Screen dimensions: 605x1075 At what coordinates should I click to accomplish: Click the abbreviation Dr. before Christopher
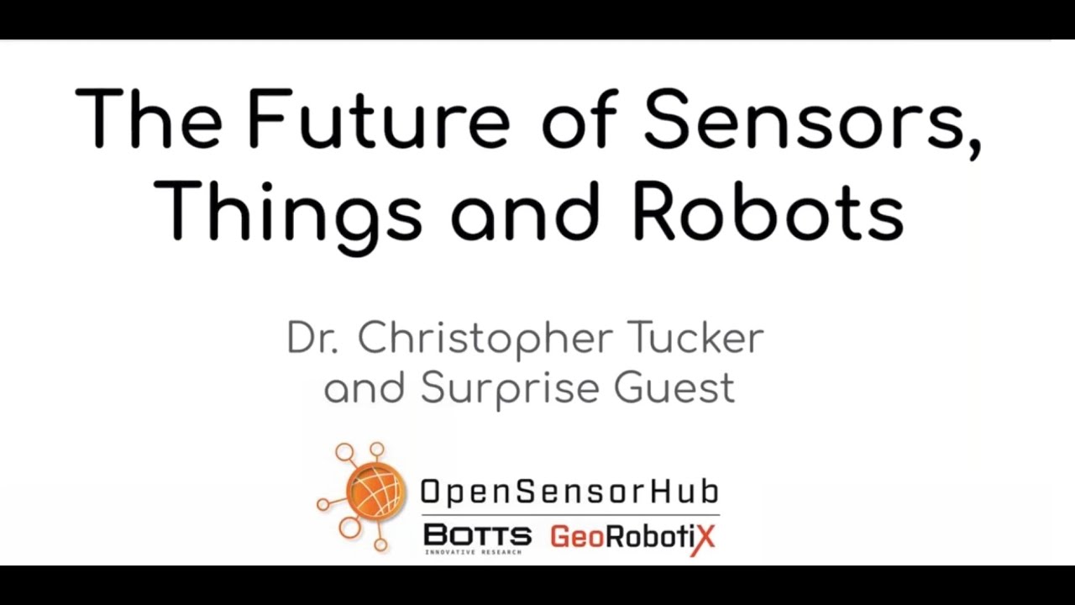pyautogui.click(x=312, y=339)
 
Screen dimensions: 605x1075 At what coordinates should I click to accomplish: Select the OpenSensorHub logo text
pyautogui.click(x=569, y=492)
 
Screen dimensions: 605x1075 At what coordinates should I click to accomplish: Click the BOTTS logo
pyautogui.click(x=477, y=534)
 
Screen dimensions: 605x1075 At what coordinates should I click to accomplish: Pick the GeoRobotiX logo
pyautogui.click(x=632, y=536)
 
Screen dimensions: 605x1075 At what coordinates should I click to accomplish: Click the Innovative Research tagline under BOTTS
pyautogui.click(x=473, y=552)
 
